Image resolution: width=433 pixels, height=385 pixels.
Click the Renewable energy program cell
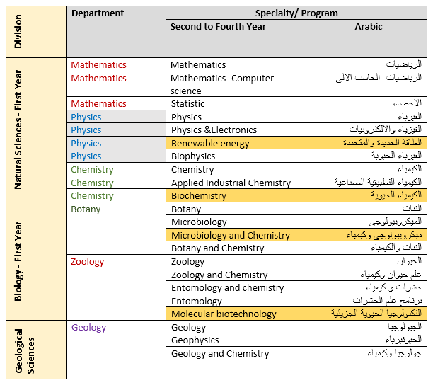click(x=210, y=144)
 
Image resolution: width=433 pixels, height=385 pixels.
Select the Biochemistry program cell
click(x=199, y=196)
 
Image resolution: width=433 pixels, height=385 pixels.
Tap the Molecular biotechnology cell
click(x=224, y=314)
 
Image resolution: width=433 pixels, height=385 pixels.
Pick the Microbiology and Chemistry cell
click(x=231, y=236)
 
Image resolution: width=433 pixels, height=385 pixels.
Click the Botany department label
click(x=86, y=209)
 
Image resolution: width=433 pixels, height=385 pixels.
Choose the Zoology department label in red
click(x=88, y=262)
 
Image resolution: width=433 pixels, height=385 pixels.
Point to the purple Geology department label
click(x=88, y=328)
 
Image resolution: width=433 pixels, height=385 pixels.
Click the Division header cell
click(x=19, y=33)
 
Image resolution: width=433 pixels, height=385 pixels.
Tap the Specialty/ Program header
click(x=296, y=13)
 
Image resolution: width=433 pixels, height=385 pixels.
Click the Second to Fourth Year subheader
click(x=218, y=27)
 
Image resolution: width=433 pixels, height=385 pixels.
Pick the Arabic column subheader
click(x=368, y=27)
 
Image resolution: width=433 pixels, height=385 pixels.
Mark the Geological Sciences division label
click(x=25, y=351)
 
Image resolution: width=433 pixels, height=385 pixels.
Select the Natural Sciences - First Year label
click(x=19, y=130)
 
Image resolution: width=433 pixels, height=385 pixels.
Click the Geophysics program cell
click(x=195, y=340)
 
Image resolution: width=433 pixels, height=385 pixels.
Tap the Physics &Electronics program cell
click(x=214, y=130)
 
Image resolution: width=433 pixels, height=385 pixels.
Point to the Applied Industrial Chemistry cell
click(x=231, y=183)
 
